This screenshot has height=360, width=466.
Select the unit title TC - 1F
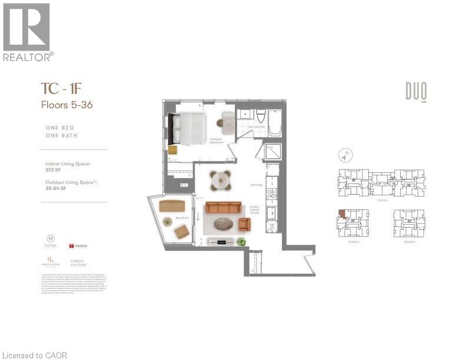pos(60,89)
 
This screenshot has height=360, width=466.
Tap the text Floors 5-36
pos(66,105)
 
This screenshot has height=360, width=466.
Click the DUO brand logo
pos(415,92)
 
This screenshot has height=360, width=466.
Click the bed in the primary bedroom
pos(187,128)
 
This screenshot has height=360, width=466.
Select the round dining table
pos(221,179)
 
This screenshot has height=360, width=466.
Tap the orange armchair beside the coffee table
pos(245,224)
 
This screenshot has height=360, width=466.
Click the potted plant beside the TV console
pos(241,241)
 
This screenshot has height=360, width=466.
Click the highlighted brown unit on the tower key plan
pos(341,215)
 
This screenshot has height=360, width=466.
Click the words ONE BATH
pos(61,135)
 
